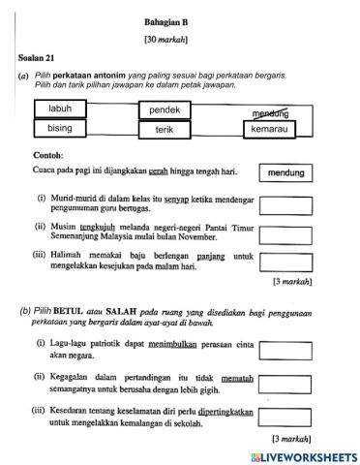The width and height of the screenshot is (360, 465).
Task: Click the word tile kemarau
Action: point(270,129)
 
